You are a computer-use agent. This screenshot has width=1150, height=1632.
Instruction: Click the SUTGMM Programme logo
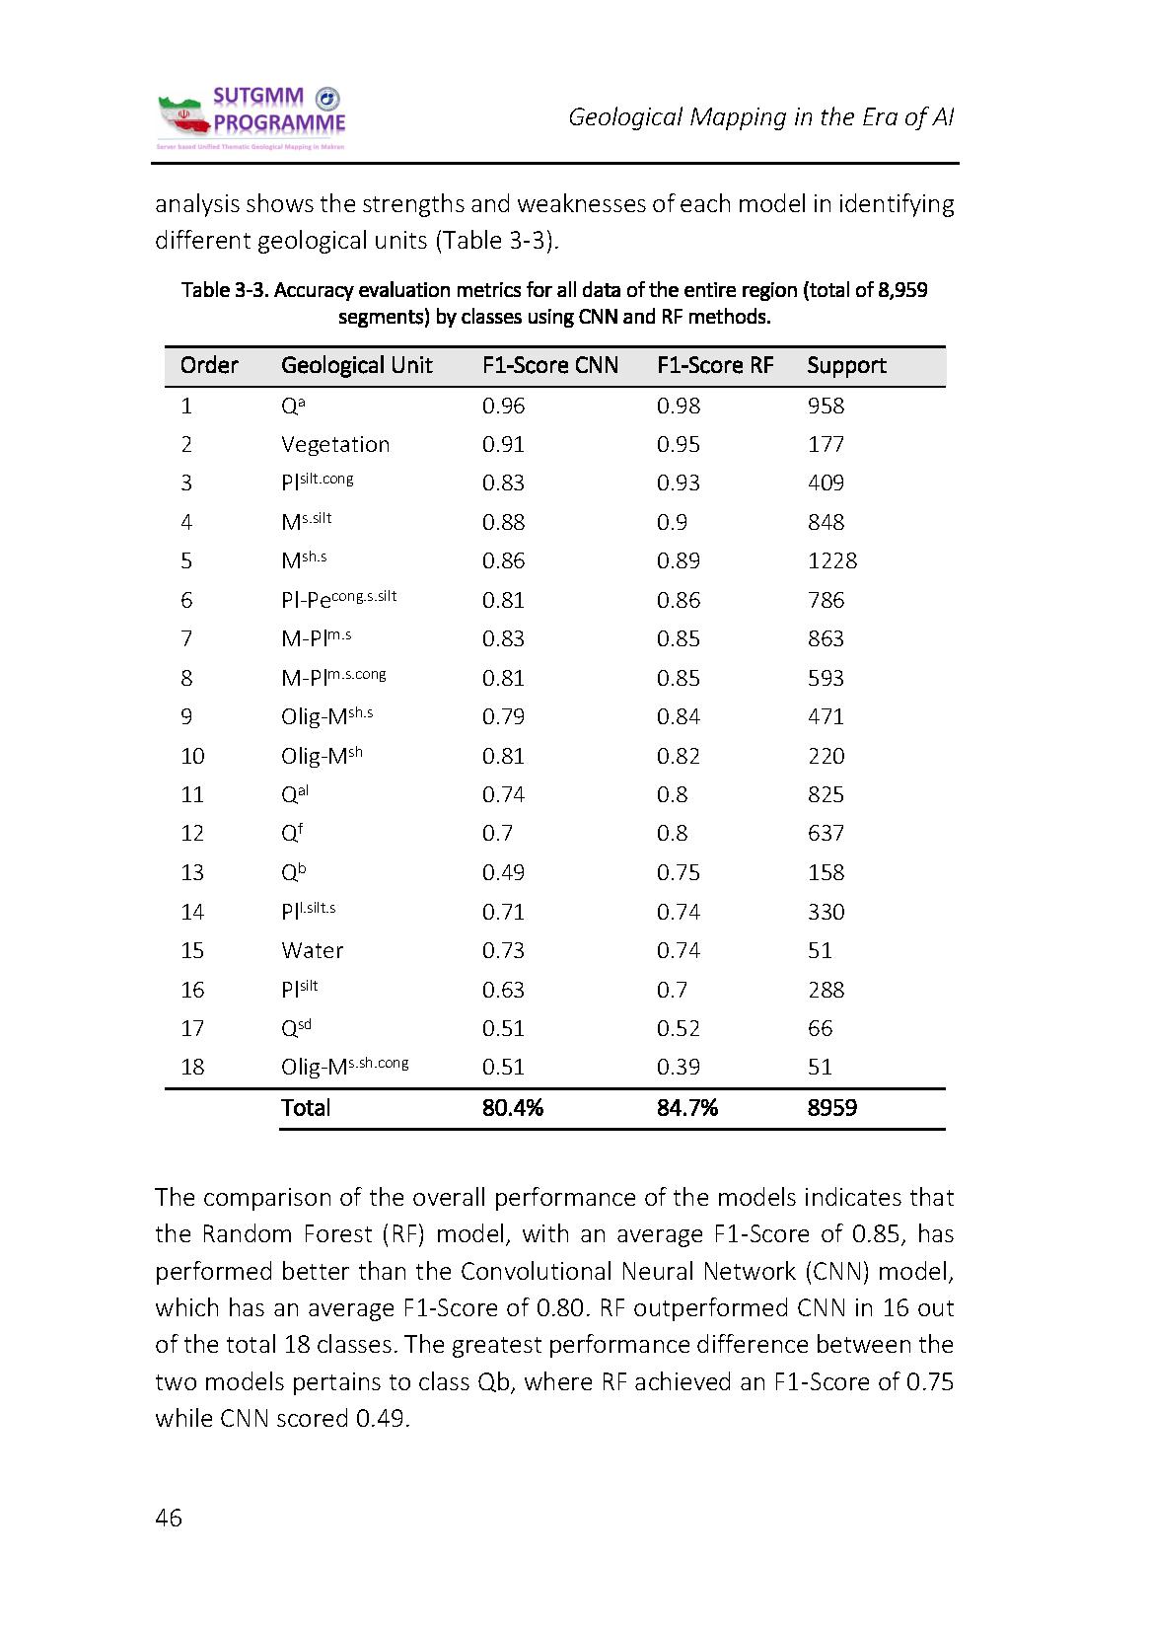(252, 118)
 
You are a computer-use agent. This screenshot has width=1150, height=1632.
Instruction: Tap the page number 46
(169, 1518)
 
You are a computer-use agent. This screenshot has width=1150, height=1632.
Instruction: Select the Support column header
(846, 366)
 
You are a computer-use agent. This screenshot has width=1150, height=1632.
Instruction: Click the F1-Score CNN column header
(550, 366)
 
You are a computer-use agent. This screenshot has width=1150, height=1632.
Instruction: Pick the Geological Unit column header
(357, 366)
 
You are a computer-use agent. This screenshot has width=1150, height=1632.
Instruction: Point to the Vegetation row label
(335, 445)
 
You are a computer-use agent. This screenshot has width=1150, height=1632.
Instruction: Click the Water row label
(313, 951)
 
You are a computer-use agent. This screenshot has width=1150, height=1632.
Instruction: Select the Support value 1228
(832, 561)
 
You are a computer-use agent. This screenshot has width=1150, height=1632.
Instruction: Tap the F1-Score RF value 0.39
(679, 1068)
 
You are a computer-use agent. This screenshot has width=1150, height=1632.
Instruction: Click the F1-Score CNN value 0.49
(503, 873)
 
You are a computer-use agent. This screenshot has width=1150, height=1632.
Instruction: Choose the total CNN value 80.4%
(513, 1108)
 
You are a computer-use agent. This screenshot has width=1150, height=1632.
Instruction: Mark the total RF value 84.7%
(687, 1108)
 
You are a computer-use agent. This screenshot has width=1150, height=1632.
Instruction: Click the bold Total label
(306, 1108)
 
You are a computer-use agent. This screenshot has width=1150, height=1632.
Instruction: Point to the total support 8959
(832, 1108)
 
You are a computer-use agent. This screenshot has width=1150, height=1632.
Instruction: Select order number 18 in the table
(192, 1068)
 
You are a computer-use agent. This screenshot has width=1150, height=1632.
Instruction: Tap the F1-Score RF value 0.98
(679, 407)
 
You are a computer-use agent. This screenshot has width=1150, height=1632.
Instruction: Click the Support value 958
(827, 407)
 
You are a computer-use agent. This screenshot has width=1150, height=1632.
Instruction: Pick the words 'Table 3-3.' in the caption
(225, 291)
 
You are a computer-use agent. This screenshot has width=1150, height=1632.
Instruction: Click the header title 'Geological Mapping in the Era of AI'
(760, 117)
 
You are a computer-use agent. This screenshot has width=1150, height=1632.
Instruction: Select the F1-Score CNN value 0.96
(503, 407)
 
